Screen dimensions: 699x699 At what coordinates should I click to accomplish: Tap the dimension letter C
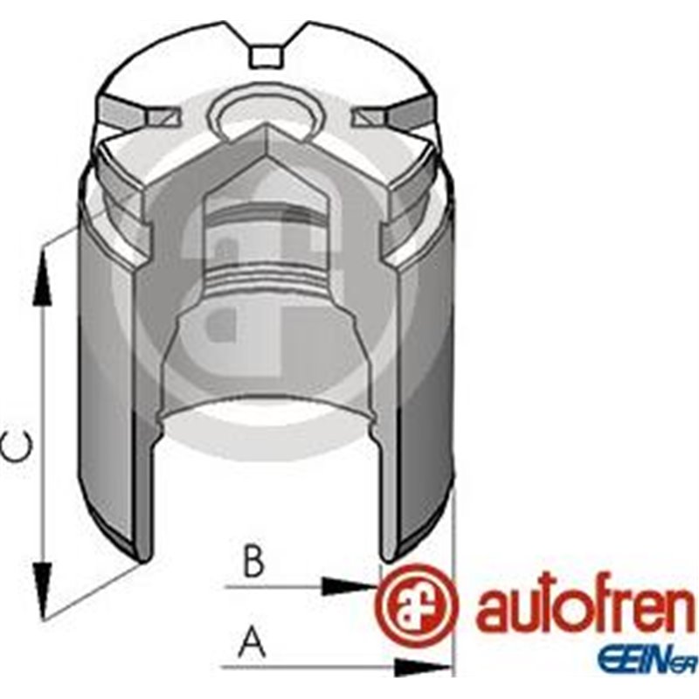tap(18, 448)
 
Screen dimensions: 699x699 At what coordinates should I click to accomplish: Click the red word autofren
tap(585, 610)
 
